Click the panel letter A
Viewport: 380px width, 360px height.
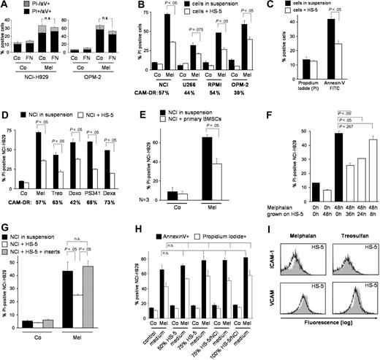5,7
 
